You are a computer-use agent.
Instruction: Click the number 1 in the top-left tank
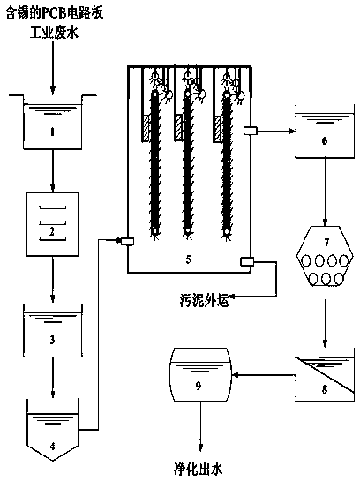click(x=52, y=132)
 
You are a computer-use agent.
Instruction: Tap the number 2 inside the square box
click(x=52, y=232)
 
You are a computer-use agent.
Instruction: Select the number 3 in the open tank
click(x=52, y=340)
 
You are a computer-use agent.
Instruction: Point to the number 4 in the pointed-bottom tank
click(x=52, y=447)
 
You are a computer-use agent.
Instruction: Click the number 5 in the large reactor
click(x=188, y=259)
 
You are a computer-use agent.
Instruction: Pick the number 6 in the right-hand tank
click(x=325, y=141)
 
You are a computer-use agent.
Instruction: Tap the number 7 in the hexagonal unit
click(x=326, y=243)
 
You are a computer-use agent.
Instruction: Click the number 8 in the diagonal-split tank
click(x=325, y=389)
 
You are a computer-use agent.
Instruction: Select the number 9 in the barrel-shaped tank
click(x=199, y=386)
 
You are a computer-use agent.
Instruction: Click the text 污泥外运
click(x=204, y=301)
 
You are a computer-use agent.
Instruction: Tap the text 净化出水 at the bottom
click(x=199, y=470)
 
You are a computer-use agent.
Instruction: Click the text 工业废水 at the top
click(x=54, y=32)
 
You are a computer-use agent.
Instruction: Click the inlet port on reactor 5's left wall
click(x=127, y=242)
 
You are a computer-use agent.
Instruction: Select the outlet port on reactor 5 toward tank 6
click(x=251, y=131)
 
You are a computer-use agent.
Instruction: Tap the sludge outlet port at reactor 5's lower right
click(x=247, y=261)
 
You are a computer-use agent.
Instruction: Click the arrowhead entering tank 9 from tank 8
click(x=236, y=374)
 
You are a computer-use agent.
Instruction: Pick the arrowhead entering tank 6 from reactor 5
click(x=292, y=132)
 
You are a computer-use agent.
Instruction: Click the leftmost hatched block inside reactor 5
click(x=146, y=128)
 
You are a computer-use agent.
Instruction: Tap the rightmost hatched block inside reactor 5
click(x=218, y=129)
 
